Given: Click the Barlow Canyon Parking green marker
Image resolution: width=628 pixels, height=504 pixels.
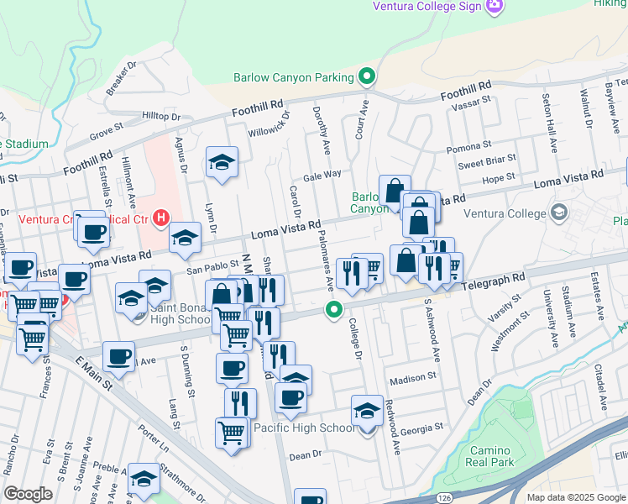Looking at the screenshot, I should tap(366, 78).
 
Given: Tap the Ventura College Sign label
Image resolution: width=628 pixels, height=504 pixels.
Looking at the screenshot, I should tap(427, 7).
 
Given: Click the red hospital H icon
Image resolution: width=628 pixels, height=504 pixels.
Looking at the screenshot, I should tap(158, 220).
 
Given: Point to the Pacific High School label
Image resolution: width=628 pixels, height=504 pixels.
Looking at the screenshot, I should tap(304, 428).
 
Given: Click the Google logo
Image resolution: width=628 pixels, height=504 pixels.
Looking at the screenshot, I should tap(28, 494).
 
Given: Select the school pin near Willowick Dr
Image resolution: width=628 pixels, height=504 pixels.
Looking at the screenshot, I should tap(222, 163).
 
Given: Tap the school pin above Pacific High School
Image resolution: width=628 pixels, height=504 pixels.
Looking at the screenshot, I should tap(367, 410).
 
